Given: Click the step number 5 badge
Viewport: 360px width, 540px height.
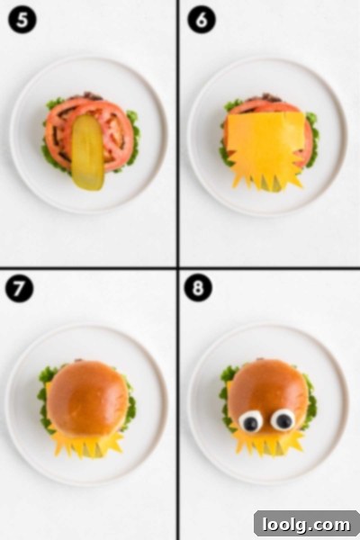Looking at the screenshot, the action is pyautogui.click(x=22, y=20).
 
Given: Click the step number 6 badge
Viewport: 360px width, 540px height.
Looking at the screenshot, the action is pyautogui.click(x=202, y=20).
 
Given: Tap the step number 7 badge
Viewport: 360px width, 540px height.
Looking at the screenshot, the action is pyautogui.click(x=19, y=289).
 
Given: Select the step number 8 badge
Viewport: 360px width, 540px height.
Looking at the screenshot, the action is pyautogui.click(x=198, y=288).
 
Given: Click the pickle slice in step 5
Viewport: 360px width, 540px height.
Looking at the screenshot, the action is pyautogui.click(x=87, y=152).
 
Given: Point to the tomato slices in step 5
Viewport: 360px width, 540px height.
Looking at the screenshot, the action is pyautogui.click(x=90, y=134).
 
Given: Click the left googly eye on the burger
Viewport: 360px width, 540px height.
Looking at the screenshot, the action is pyautogui.click(x=251, y=420).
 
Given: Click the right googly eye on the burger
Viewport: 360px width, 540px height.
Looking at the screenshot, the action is pyautogui.click(x=283, y=419).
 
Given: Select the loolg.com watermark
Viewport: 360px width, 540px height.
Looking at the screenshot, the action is pyautogui.click(x=306, y=525).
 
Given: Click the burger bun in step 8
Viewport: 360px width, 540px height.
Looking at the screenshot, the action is pyautogui.click(x=268, y=392).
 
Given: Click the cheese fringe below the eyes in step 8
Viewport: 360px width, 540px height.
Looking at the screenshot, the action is pyautogui.click(x=270, y=443).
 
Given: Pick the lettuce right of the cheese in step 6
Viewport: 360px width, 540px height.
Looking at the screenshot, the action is pyautogui.click(x=312, y=138).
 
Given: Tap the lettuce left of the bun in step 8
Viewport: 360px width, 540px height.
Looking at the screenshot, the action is pyautogui.click(x=226, y=396).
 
